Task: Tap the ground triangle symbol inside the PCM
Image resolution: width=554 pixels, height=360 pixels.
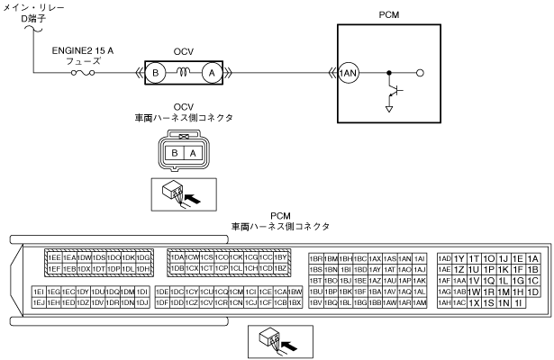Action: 388,110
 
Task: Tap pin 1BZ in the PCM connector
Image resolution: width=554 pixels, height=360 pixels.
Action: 280,268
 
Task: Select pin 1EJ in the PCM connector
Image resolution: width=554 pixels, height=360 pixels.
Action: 39,302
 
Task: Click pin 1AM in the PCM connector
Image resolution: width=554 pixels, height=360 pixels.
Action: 419,302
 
